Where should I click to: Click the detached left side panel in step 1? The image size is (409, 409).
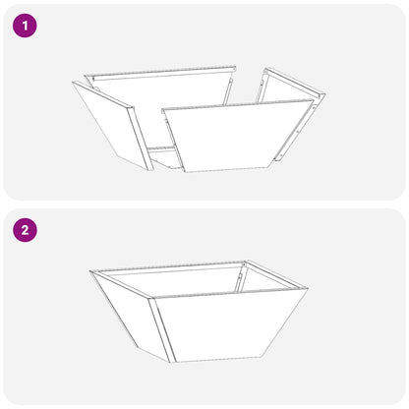point(110,128)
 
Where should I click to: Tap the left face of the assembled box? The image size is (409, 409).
point(128,315)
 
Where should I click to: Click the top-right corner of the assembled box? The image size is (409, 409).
point(308,291)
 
